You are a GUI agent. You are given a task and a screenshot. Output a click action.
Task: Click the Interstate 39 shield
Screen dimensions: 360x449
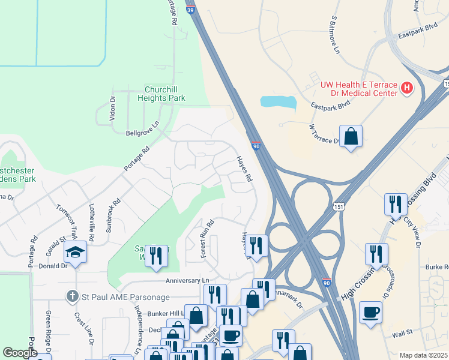tap(190, 11)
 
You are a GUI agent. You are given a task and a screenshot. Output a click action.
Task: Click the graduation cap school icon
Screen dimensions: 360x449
tap(76, 252)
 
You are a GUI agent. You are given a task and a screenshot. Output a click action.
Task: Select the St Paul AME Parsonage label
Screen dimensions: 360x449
tap(125, 296)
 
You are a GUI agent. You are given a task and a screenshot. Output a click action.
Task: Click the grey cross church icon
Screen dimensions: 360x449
tap(72, 296)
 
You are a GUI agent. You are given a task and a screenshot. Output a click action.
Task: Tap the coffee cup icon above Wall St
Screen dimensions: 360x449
tap(370, 312)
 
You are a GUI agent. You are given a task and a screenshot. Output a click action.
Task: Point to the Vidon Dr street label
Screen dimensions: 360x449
tap(112, 108)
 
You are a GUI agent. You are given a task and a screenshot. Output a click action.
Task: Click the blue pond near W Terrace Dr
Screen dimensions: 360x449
tap(279, 101)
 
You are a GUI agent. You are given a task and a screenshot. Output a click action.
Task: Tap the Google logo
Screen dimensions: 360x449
tap(20, 353)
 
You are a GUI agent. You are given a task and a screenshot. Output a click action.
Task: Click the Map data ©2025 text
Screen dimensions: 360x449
tap(423, 355)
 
